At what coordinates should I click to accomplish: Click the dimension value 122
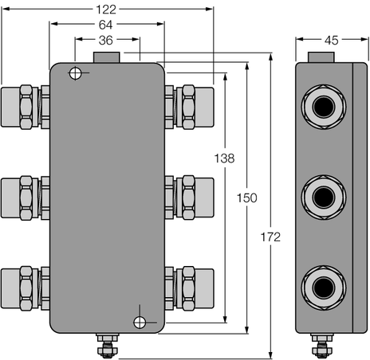click(106, 10)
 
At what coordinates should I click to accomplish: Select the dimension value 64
click(106, 25)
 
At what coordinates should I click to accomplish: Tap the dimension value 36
click(106, 40)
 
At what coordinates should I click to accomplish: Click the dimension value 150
click(248, 198)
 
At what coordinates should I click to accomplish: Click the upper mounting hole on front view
click(76, 74)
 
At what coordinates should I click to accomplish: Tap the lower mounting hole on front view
click(140, 322)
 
